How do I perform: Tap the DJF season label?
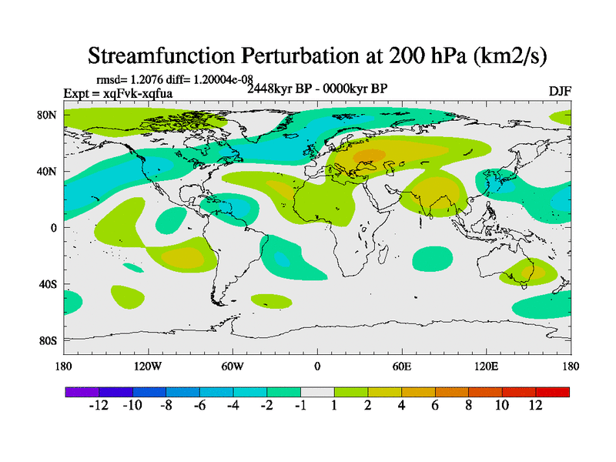point(560,91)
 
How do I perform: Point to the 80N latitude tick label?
point(47,115)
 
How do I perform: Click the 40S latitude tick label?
point(48,284)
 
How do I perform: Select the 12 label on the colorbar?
point(536,405)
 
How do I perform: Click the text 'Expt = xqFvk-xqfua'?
point(118,93)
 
